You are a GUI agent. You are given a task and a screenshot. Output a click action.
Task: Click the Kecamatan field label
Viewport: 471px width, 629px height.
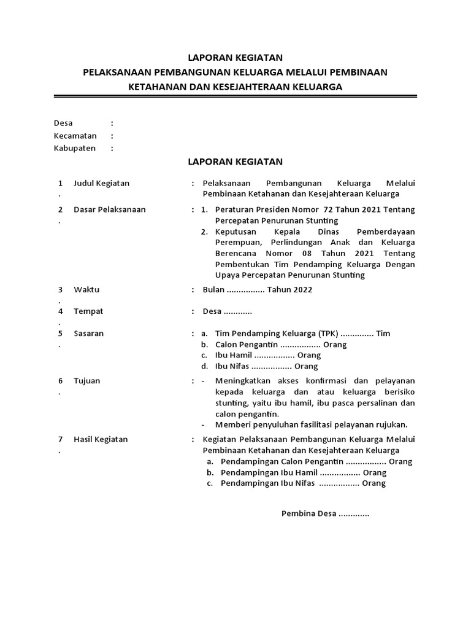[x=75, y=136]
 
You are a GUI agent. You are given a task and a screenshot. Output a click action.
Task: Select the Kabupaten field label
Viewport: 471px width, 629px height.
[x=75, y=148]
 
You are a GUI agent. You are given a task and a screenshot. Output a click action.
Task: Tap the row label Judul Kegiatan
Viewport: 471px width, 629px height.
[x=101, y=183]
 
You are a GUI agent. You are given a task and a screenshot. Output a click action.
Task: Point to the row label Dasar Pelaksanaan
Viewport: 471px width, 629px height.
[x=109, y=209]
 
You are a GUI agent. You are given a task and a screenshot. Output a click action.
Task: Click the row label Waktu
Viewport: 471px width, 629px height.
[x=86, y=289]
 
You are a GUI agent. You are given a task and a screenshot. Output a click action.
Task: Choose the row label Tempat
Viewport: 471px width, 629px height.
[x=88, y=311]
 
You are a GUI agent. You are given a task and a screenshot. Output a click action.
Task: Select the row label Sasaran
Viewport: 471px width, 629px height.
[x=89, y=334]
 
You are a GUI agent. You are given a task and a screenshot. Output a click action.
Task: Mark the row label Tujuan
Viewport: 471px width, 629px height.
[x=86, y=381]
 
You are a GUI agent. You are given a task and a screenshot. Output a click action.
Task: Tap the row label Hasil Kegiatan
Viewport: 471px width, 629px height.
[x=101, y=439]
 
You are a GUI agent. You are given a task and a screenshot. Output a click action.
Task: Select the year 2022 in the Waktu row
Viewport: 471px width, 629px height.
[x=302, y=290]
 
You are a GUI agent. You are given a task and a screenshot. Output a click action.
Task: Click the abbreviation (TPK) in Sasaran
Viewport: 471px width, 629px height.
[x=327, y=334]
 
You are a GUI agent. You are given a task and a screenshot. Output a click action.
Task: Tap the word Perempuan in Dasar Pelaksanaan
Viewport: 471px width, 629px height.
[x=237, y=242]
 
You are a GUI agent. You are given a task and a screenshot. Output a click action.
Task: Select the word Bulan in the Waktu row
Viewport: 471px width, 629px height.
[x=213, y=290]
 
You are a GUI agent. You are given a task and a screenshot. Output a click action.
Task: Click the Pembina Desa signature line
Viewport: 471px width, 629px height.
[x=325, y=514]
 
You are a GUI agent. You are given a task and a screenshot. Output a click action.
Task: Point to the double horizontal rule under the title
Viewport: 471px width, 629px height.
[x=235, y=96]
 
